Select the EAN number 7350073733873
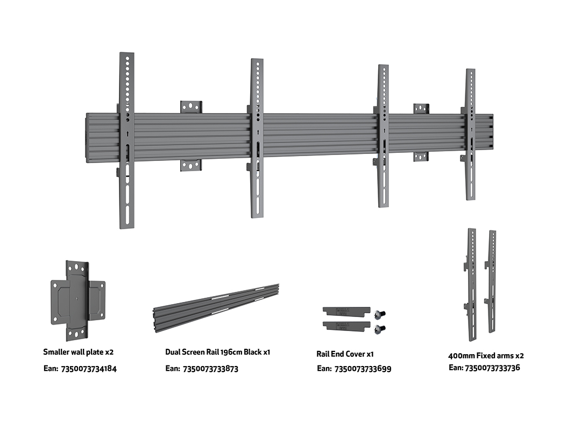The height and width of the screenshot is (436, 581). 210,369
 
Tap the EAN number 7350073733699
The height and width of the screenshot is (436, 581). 363,369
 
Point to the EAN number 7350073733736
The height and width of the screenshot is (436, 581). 492,368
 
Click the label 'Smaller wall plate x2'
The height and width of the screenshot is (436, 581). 79,352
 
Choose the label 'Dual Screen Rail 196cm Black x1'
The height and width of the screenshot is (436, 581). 217,352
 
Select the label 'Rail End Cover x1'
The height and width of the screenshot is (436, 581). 345,354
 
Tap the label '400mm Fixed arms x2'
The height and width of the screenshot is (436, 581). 486,355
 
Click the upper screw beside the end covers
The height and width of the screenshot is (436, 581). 381,313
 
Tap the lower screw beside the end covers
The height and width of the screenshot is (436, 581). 381,328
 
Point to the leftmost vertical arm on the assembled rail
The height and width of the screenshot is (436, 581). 127,140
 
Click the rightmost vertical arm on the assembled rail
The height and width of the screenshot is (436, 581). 471,135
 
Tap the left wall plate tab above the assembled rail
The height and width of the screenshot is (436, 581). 191,107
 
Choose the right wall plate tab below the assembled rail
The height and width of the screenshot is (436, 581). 421,157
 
